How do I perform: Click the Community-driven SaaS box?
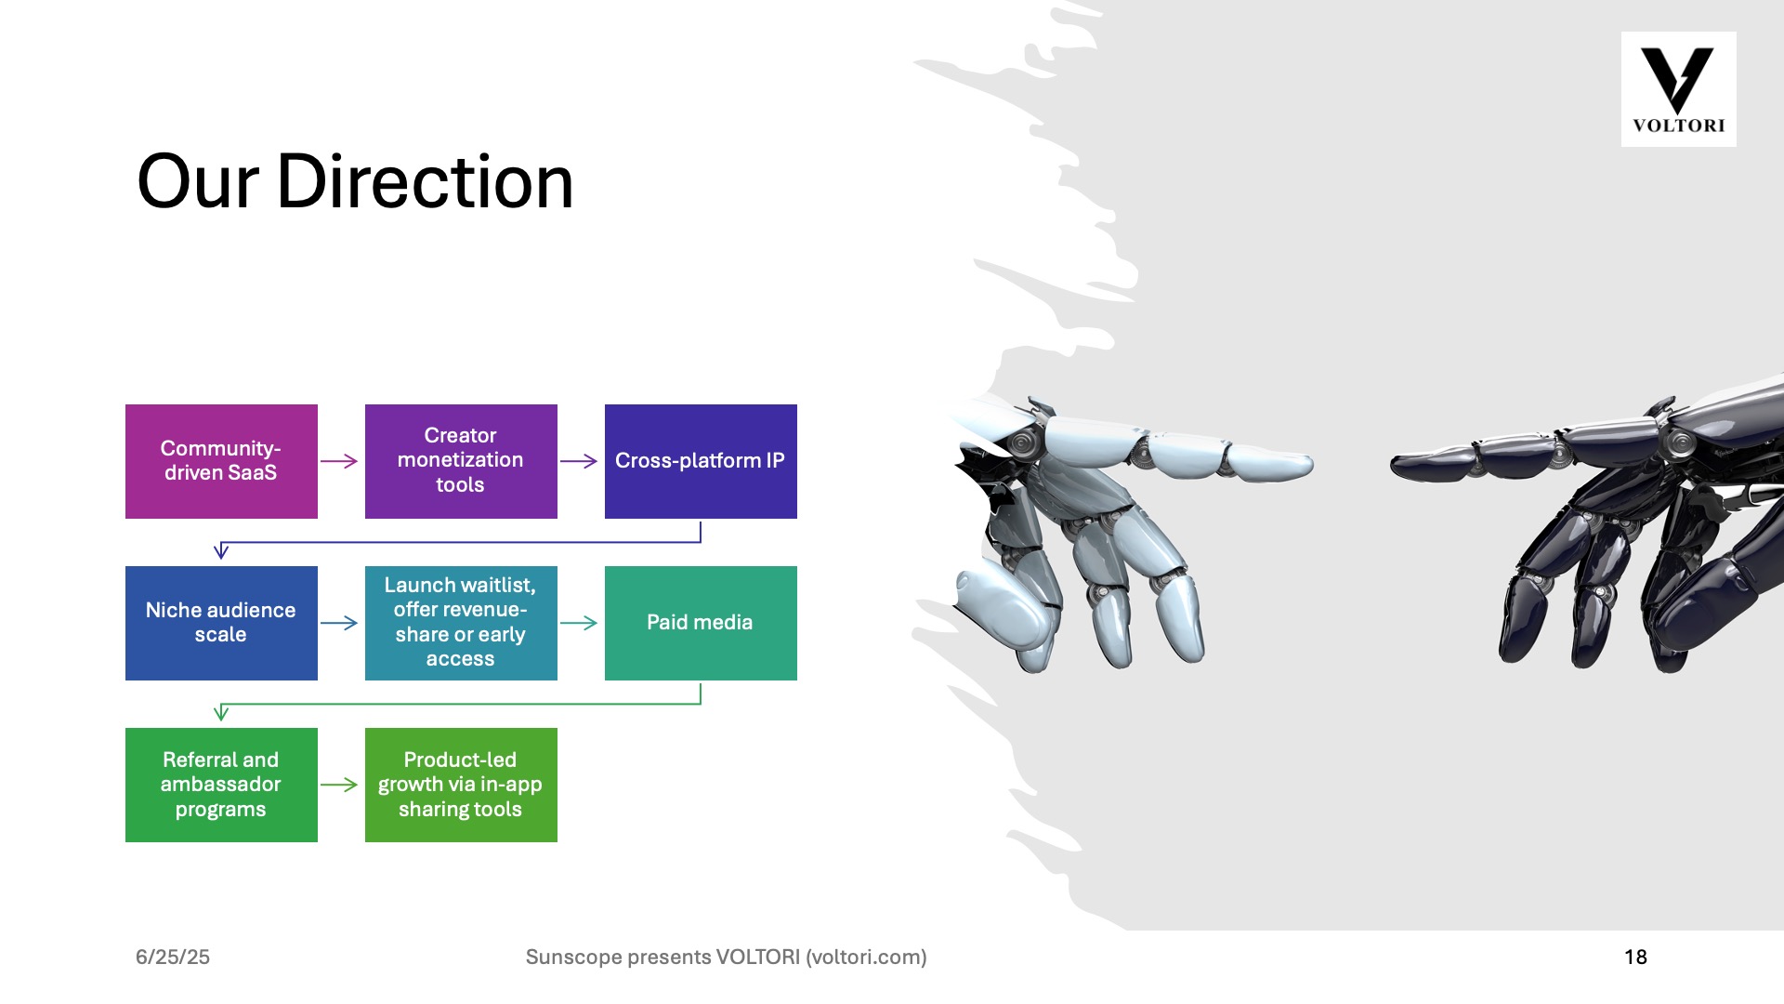tap(221, 461)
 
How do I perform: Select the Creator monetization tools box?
tap(461, 461)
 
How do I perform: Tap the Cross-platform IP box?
tap(701, 461)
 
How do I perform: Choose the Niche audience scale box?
tap(221, 623)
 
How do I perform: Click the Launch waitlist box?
tap(461, 623)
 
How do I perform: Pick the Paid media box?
tap(701, 623)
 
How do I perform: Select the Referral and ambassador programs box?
tap(221, 785)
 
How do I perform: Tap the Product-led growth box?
tap(461, 785)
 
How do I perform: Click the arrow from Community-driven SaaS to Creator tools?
tap(339, 461)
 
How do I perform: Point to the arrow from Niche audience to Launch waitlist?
tap(339, 623)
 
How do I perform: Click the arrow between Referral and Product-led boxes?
tap(339, 785)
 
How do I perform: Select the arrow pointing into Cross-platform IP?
tap(579, 461)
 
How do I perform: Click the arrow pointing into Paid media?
tap(579, 623)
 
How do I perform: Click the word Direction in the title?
tap(426, 181)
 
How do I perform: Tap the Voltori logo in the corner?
tap(1678, 89)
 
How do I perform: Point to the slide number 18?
tap(1635, 957)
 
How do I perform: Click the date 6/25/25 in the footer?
tap(173, 957)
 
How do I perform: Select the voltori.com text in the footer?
tap(866, 957)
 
